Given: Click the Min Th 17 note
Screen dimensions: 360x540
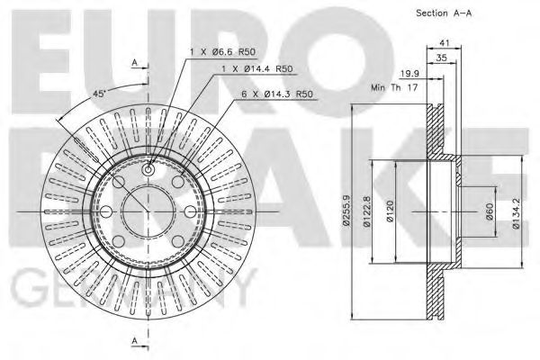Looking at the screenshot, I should click(397, 88).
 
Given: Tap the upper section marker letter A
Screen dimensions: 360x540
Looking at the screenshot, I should click(134, 61).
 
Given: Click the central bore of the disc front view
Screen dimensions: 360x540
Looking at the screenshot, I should click(147, 211).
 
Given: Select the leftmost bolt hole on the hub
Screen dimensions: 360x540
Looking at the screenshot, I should click(104, 211).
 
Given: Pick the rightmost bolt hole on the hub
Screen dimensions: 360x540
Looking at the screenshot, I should click(189, 211).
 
